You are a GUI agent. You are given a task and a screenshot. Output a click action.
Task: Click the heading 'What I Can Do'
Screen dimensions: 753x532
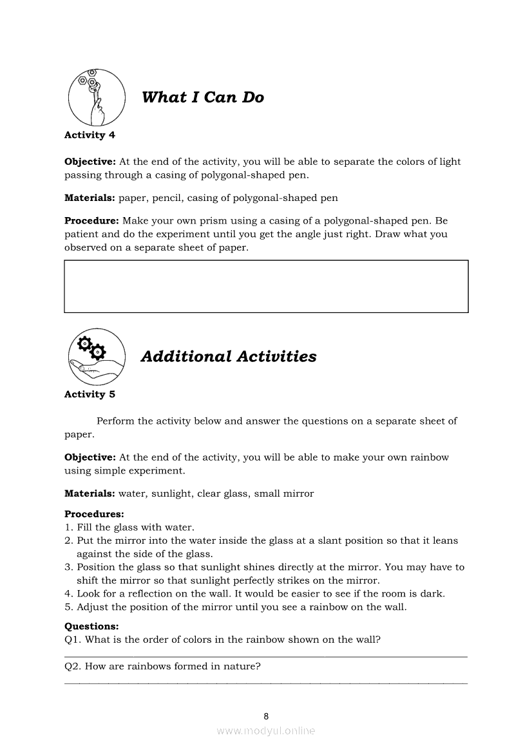point(202,97)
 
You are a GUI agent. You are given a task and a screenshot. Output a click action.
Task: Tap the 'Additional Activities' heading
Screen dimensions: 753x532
point(228,356)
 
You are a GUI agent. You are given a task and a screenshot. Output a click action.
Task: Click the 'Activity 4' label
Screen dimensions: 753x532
point(90,135)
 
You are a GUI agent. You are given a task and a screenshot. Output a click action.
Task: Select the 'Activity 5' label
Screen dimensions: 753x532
point(90,394)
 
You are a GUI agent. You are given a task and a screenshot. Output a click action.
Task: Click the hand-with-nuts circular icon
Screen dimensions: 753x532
point(97,97)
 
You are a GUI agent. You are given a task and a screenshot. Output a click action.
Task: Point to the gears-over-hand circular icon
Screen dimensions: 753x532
point(97,356)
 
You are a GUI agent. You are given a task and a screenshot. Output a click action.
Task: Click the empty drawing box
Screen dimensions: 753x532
point(266,286)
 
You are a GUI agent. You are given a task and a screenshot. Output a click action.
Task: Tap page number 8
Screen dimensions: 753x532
point(266,716)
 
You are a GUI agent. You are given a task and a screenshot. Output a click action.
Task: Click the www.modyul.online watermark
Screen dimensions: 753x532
point(266,730)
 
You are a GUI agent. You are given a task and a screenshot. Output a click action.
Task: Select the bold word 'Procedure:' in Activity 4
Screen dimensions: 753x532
point(91,220)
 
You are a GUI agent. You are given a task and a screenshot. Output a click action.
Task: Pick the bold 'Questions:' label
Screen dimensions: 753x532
point(91,626)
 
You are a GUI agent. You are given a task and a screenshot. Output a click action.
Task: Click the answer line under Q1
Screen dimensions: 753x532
point(266,657)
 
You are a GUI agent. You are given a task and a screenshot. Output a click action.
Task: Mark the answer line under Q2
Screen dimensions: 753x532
point(266,683)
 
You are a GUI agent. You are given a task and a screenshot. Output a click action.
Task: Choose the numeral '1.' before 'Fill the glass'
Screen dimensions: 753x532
point(69,528)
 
